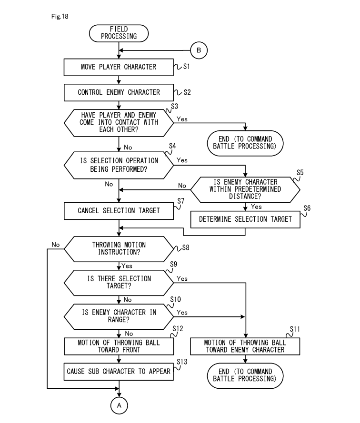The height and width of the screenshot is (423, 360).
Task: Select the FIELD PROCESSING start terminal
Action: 119,33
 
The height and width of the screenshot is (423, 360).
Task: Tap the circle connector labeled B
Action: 199,49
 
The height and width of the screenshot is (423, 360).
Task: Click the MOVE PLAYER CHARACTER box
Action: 119,67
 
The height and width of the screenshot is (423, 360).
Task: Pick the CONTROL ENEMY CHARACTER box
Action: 119,92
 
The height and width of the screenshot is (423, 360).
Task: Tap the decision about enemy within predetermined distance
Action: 245,188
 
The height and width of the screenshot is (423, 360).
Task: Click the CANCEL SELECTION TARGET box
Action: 119,210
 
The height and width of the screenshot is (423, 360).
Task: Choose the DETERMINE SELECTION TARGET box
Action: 245,219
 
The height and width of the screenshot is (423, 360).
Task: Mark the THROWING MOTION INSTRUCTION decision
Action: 119,248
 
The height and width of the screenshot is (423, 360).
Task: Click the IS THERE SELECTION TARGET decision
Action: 119,283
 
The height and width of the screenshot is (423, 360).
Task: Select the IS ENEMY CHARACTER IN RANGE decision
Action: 119,316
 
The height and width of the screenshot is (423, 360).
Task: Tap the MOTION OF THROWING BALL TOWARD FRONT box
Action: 119,346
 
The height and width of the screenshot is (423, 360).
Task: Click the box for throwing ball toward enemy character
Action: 245,346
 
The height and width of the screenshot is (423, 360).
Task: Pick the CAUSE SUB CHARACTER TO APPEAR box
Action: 119,372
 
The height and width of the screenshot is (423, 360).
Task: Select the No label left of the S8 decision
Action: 56,245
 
